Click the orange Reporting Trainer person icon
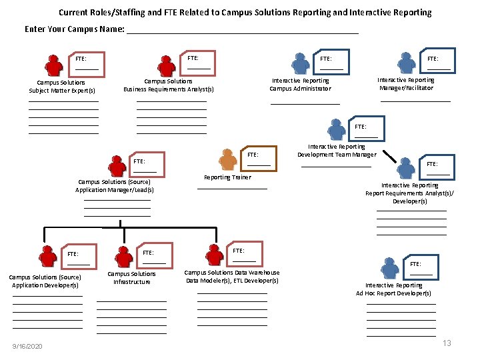tap(228, 159)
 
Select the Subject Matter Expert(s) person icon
tap(54, 65)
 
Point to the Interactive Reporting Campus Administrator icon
tap(301, 64)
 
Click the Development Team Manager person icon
tap(337, 129)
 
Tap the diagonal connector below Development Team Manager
tap(389, 156)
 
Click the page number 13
tap(447, 343)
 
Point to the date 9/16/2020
tap(27, 346)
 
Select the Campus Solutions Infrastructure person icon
tap(124, 257)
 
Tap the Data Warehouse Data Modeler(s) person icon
tap(215, 255)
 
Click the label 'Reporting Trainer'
tap(228, 177)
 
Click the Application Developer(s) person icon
tap(48, 257)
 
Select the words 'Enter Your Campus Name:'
tap(75, 29)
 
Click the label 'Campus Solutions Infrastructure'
tap(131, 278)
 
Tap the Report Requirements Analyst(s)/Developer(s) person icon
tap(406, 168)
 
